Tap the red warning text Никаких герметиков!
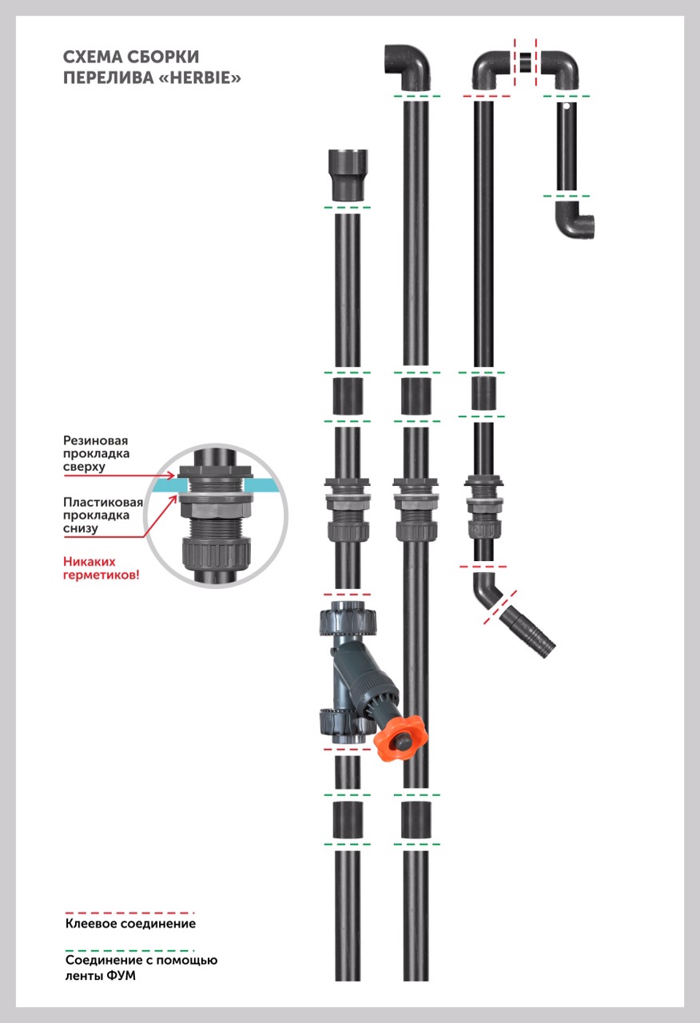tap(101, 567)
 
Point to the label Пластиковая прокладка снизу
tap(103, 515)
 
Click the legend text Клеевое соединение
tap(130, 924)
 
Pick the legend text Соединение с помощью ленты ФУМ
tap(141, 967)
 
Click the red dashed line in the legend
tap(130, 912)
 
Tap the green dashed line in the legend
tap(130, 949)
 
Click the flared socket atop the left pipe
tap(346, 173)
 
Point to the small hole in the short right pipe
tap(567, 105)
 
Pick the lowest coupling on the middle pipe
tap(416, 819)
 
